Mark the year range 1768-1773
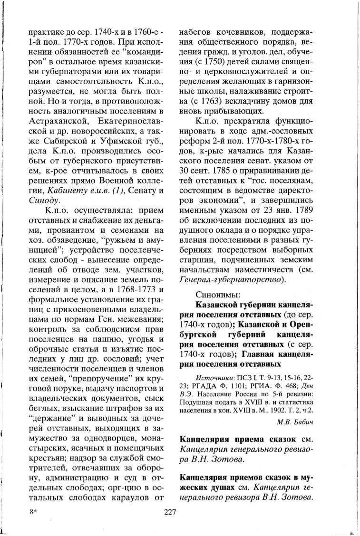(136, 290)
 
